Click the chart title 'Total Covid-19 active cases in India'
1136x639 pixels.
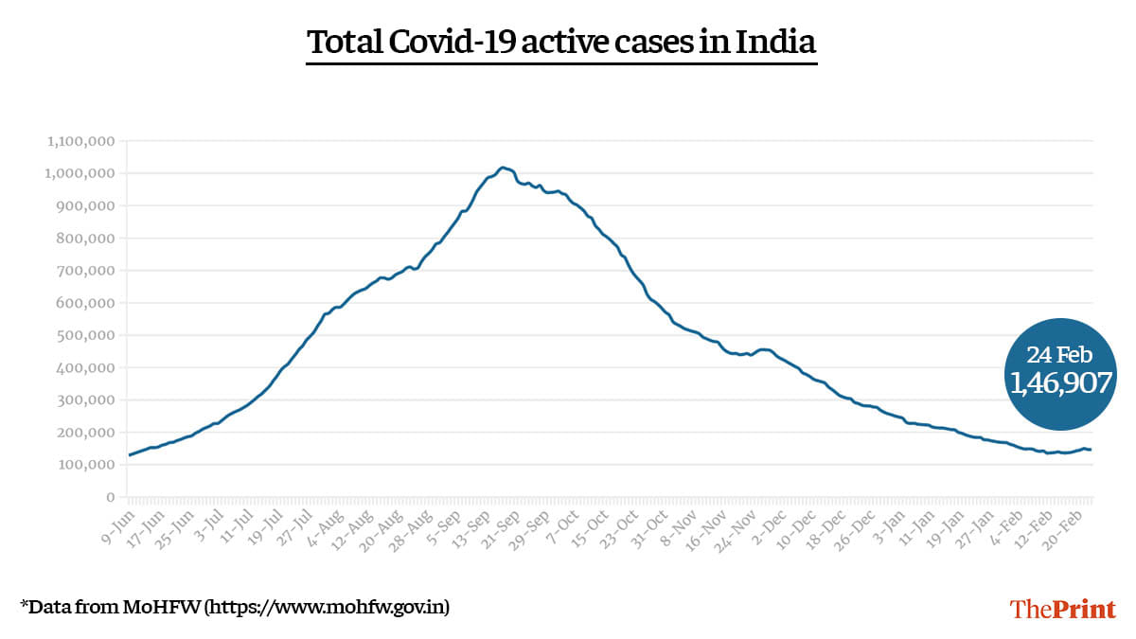561,43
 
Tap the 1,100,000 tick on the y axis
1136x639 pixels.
80,141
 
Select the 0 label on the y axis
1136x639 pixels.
110,497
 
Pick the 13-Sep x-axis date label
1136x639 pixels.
470,526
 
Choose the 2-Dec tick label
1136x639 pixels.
768,525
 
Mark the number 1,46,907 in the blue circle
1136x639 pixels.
1059,382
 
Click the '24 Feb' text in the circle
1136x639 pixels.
1059,355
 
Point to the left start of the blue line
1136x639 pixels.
130,455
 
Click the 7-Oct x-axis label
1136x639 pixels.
560,525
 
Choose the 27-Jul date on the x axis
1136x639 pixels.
293,526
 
